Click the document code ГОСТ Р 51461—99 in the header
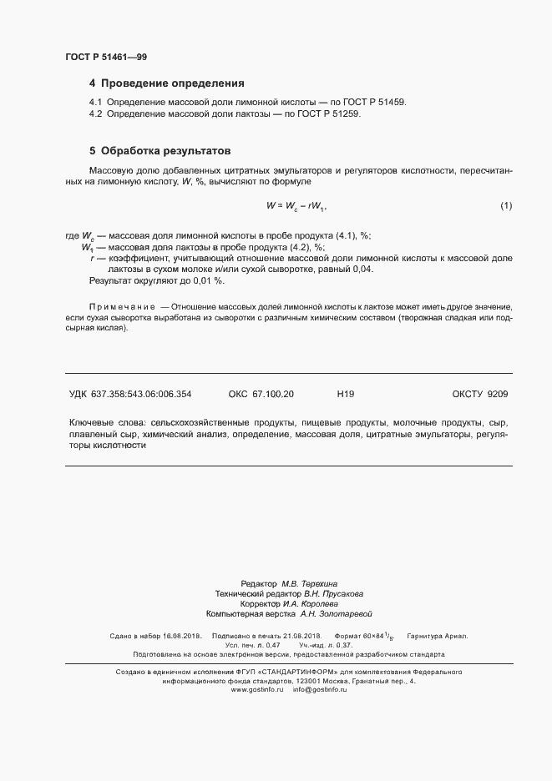106,57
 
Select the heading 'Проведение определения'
172,83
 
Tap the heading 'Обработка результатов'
164,152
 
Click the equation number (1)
506,205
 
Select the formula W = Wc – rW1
296,205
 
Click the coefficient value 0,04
362,270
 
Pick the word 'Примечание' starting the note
122,307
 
